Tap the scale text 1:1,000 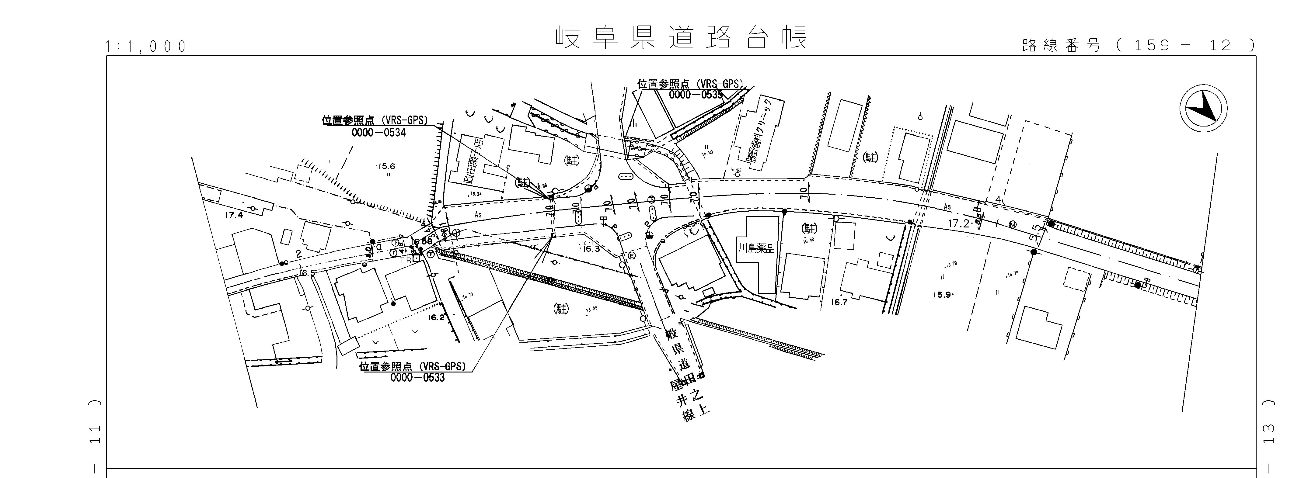point(146,47)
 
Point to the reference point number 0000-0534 point(378,133)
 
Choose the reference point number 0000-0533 point(417,378)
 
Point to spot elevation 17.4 point(234,216)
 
